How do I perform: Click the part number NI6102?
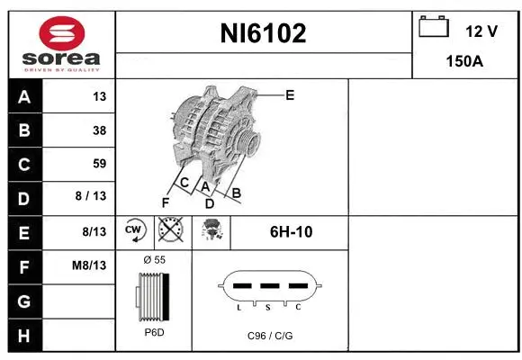[x=264, y=34]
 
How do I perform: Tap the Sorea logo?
[x=60, y=43]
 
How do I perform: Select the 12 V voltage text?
[x=481, y=31]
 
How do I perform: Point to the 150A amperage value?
[x=465, y=62]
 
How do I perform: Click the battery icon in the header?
[x=434, y=28]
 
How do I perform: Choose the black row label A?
[x=24, y=96]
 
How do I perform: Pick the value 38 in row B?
[x=99, y=130]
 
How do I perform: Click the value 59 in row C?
[x=99, y=164]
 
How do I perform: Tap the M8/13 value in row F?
[x=90, y=265]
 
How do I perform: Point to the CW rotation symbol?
[x=134, y=230]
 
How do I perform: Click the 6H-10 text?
[x=291, y=232]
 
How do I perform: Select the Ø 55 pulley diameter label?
[x=154, y=259]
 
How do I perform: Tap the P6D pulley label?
[x=154, y=332]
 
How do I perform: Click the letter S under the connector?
[x=269, y=308]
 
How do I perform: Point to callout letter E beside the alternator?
[x=290, y=94]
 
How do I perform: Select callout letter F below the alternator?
[x=165, y=202]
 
